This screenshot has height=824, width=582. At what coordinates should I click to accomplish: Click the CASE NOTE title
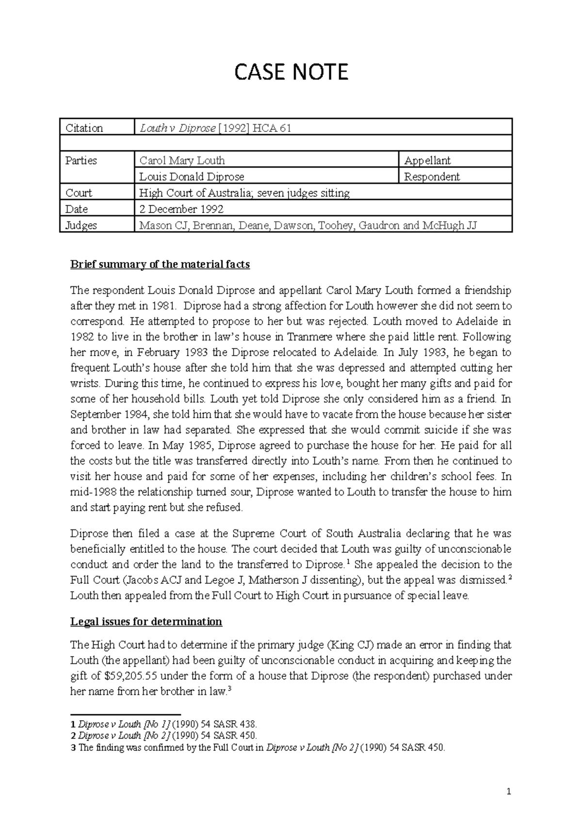[291, 72]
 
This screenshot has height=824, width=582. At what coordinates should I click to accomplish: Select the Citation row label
[84, 128]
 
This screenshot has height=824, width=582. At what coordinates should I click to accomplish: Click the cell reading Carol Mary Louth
[182, 161]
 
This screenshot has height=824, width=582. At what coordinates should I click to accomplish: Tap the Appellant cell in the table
[427, 161]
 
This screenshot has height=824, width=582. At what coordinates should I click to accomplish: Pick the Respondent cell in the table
[432, 177]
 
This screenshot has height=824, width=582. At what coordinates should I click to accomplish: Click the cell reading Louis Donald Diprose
[192, 177]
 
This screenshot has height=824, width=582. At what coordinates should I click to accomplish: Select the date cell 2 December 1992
[181, 209]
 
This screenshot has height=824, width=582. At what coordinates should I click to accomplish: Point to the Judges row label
[81, 225]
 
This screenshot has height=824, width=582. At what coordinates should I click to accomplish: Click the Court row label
[79, 193]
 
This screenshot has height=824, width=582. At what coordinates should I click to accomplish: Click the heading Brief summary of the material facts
[160, 264]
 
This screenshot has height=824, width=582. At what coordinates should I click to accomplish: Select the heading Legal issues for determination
[146, 622]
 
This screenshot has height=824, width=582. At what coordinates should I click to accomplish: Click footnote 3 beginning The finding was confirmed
[257, 748]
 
